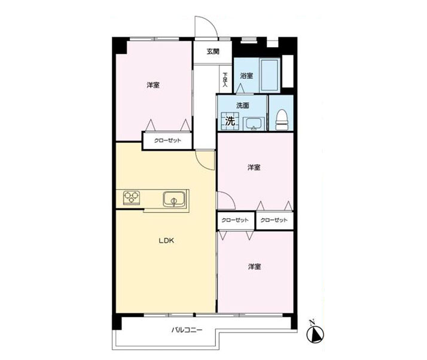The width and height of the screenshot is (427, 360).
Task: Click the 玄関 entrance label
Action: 213,51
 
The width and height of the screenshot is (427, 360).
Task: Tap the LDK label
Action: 166,241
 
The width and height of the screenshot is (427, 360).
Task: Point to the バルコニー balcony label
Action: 187,330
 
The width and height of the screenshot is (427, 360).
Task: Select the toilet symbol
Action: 282,120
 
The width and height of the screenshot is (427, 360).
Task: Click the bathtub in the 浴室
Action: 269,75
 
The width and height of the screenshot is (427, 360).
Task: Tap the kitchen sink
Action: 174,199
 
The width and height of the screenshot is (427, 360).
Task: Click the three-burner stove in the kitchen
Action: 132,197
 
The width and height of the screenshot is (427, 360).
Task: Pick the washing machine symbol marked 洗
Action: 230,121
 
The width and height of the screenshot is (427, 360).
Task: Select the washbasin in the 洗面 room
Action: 254,124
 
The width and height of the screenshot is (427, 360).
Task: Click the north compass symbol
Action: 315,334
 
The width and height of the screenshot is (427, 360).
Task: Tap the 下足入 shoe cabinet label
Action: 225,80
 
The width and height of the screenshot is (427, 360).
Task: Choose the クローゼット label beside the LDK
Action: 167,141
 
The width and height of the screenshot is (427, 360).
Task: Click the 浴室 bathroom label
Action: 246,76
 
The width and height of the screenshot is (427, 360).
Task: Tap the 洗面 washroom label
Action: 243,105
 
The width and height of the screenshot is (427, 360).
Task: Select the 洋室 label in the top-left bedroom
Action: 153,86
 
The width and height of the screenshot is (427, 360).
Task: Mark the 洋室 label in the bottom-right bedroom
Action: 254,267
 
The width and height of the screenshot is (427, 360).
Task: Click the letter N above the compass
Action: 312,323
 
